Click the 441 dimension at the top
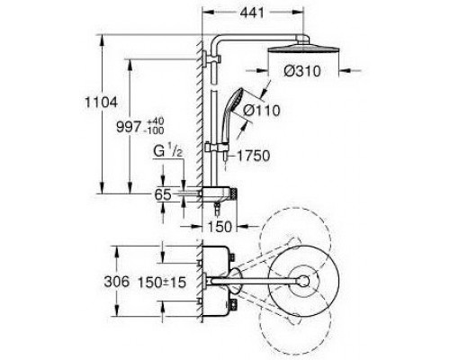pyautogui.click(x=252, y=13)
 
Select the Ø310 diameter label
pyautogui.click(x=302, y=71)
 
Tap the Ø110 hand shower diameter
pyautogui.click(x=262, y=111)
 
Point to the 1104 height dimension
pyautogui.click(x=101, y=103)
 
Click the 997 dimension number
pyautogui.click(x=129, y=127)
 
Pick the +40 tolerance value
pyautogui.click(x=156, y=121)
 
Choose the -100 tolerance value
pyautogui.click(x=155, y=130)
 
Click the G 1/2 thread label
pyautogui.click(x=168, y=150)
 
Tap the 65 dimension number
pyautogui.click(x=163, y=194)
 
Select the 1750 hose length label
pyautogui.click(x=254, y=156)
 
